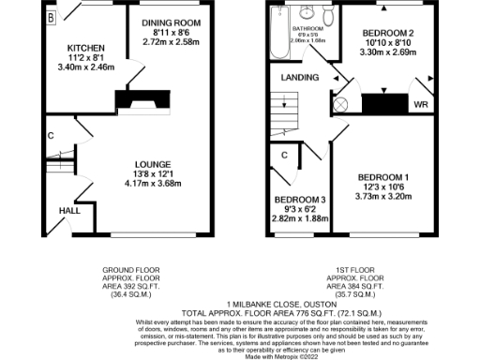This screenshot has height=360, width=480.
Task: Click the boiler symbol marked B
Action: [51, 18]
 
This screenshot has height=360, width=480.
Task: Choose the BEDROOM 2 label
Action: [388, 33]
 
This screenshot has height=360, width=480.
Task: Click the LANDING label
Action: [299, 77]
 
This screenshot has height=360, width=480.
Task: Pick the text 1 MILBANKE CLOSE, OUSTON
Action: [242, 304]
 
